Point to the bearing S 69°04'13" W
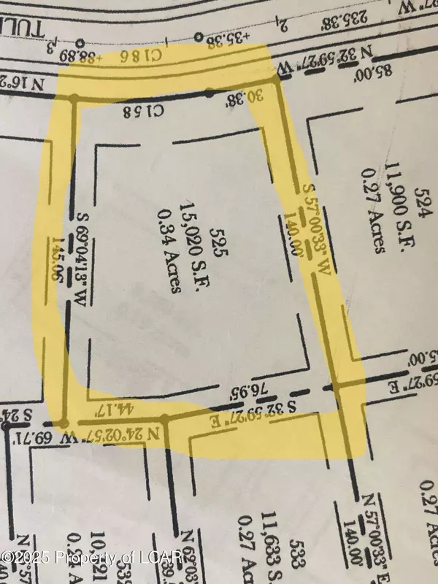pyautogui.click(x=81, y=258)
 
